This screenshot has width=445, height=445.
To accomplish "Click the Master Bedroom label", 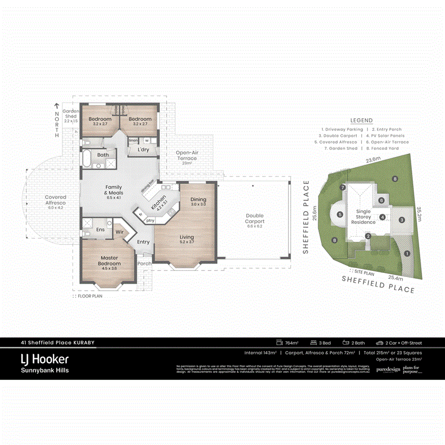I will tap(109, 261).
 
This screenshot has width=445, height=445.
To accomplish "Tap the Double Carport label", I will tap(254, 219).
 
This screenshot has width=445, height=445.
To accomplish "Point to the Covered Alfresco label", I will tap(55, 200).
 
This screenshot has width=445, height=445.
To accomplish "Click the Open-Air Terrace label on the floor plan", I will tap(187, 156).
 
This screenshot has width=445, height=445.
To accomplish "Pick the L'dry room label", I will tap(143, 150).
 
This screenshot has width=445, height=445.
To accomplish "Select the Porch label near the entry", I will tap(144, 264).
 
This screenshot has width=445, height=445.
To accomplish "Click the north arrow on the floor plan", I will tap(57, 106).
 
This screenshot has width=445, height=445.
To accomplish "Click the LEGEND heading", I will tap(361, 120).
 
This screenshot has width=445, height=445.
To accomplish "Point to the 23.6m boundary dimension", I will tap(373, 160).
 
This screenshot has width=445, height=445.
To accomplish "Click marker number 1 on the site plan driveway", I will tap(406, 253).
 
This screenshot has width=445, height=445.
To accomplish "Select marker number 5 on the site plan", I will tap(340, 215).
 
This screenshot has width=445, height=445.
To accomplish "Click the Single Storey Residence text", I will tap(363, 217).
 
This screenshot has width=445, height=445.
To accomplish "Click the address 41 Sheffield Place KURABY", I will tap(57, 342).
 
